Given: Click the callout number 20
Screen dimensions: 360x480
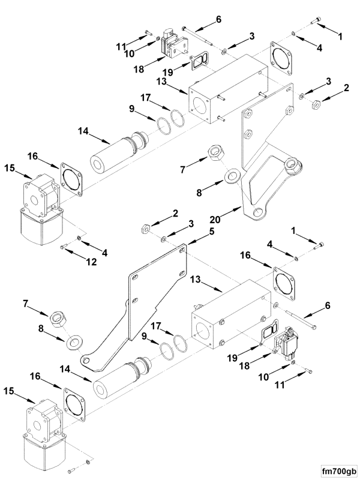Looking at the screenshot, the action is (x=216, y=219).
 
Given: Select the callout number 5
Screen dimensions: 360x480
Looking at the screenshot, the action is (x=212, y=232).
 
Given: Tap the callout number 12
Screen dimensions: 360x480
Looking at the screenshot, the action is (x=91, y=262).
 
